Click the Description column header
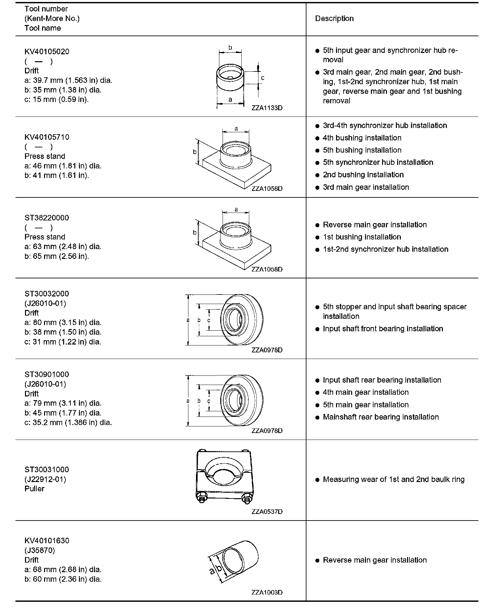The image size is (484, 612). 334,18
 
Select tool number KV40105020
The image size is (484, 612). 47,52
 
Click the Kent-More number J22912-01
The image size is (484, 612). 45,479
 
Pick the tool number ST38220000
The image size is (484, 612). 47,218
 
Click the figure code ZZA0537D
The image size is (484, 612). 267,512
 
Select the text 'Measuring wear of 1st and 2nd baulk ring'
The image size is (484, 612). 394,479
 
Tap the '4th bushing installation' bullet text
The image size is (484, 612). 362,138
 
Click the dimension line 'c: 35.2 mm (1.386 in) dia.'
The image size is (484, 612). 68,422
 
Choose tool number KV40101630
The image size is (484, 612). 47,541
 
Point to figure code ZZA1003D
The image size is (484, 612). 267,592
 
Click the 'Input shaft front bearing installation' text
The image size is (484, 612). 383,329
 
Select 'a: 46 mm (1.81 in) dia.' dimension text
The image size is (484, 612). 63,166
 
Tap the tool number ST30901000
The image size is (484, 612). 47,374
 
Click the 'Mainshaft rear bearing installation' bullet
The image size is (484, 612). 381,417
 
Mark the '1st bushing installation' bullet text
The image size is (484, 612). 362,237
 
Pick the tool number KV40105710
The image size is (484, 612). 47,137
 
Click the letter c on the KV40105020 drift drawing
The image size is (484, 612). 263,78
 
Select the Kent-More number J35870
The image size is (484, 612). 40,550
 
